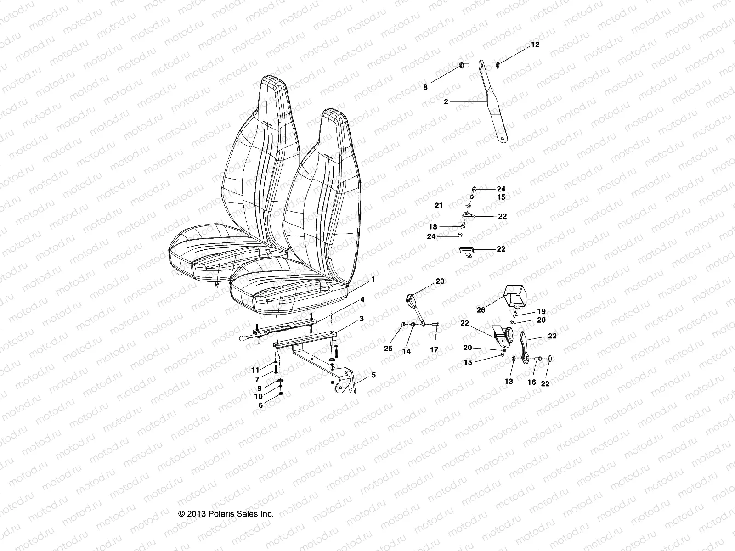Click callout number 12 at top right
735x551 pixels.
535,45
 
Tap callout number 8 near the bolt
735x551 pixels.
425,87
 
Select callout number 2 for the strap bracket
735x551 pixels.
446,102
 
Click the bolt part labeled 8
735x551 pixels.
463,67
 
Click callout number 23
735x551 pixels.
440,281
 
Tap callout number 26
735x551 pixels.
481,310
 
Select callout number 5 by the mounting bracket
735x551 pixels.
373,375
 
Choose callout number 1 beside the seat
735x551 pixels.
373,279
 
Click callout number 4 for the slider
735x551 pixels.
362,299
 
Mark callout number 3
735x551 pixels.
362,318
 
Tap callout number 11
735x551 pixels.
255,370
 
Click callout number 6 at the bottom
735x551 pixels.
260,405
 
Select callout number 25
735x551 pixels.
389,349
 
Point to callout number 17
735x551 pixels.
434,349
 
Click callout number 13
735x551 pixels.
509,382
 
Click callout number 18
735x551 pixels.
433,227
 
